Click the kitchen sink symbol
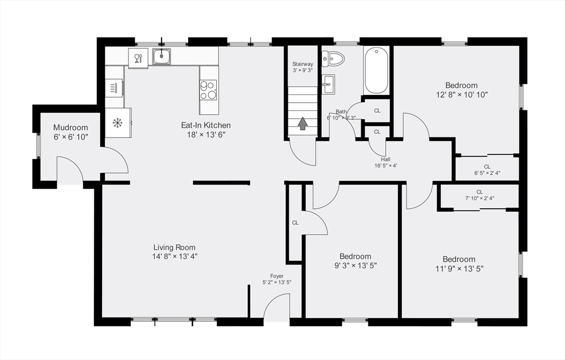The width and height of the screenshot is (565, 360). click(162, 56)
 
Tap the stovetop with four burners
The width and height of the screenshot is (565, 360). click(208, 90)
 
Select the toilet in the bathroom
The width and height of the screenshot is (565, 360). click(333, 58)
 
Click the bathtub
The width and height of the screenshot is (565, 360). click(376, 71)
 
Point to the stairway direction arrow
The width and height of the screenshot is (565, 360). click(303, 123)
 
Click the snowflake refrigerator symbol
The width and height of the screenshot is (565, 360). click(118, 123)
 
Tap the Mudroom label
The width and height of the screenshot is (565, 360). click(71, 128)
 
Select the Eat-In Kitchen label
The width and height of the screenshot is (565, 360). click(206, 125)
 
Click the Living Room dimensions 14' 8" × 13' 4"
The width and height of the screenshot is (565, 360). click(175, 257)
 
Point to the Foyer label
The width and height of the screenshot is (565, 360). click(277, 276)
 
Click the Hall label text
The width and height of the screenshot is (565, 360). click(386, 160)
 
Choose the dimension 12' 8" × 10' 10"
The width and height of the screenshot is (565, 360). click(462, 95)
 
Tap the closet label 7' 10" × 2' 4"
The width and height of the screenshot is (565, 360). click(479, 198)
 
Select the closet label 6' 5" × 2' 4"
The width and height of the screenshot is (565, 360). click(487, 173)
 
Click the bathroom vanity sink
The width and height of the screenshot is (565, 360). click(328, 84)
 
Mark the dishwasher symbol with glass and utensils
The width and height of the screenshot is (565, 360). click(138, 58)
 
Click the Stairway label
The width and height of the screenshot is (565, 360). click(303, 64)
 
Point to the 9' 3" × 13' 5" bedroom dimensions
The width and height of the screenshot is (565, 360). click(356, 266)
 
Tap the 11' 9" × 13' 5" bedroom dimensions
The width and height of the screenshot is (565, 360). click(459, 269)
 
